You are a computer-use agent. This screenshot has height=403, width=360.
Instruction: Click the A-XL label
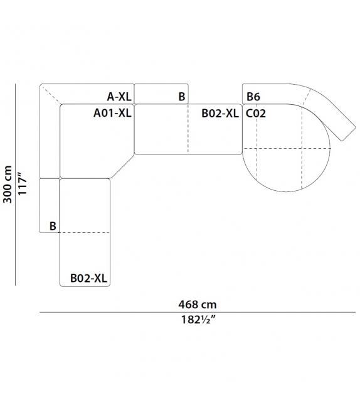click(119, 97)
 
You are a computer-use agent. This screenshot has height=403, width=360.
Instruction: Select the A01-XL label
click(112, 113)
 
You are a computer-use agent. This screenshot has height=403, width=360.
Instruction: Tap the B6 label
click(253, 97)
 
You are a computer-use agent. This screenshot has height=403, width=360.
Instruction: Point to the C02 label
click(256, 114)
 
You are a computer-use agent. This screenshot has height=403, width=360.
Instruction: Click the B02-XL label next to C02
click(220, 114)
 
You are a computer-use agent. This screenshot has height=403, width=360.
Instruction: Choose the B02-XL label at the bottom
click(88, 278)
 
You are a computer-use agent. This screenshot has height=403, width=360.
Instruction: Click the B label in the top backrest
click(182, 97)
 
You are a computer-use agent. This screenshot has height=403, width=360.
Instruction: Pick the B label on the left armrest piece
click(53, 226)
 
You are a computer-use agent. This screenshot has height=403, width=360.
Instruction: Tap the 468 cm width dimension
click(198, 305)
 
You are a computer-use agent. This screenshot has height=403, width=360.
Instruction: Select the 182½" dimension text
click(198, 320)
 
